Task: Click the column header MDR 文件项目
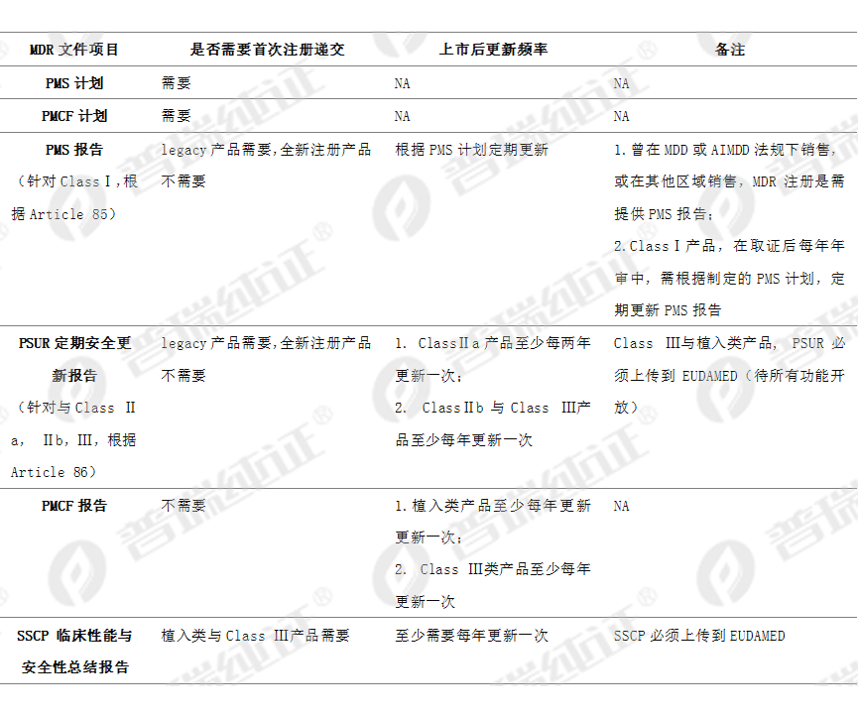tap(73, 50)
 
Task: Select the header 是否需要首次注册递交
tap(267, 50)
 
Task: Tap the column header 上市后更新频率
tap(493, 50)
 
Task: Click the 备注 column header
tap(730, 50)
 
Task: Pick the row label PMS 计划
tap(74, 83)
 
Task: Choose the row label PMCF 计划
tap(74, 116)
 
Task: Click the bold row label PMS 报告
tap(74, 150)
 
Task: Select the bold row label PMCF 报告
tap(74, 506)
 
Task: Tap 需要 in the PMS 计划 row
tap(177, 83)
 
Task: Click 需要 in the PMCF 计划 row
tap(177, 116)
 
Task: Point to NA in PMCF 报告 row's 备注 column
tap(621, 506)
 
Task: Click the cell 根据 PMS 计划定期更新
tap(472, 150)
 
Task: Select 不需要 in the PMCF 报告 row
tap(184, 506)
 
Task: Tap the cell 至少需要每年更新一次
tap(472, 635)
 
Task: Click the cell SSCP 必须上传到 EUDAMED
tap(699, 635)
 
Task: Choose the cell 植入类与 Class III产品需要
tap(256, 635)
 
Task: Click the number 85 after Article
tap(99, 214)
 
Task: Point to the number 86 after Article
tap(80, 472)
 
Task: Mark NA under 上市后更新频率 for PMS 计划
tap(402, 83)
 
